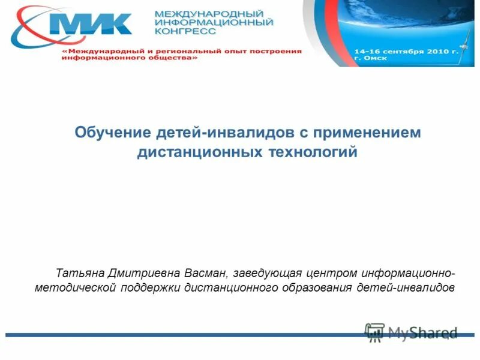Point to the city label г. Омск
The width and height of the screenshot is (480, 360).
tap(371, 59)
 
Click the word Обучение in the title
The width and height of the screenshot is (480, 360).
tap(112, 132)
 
